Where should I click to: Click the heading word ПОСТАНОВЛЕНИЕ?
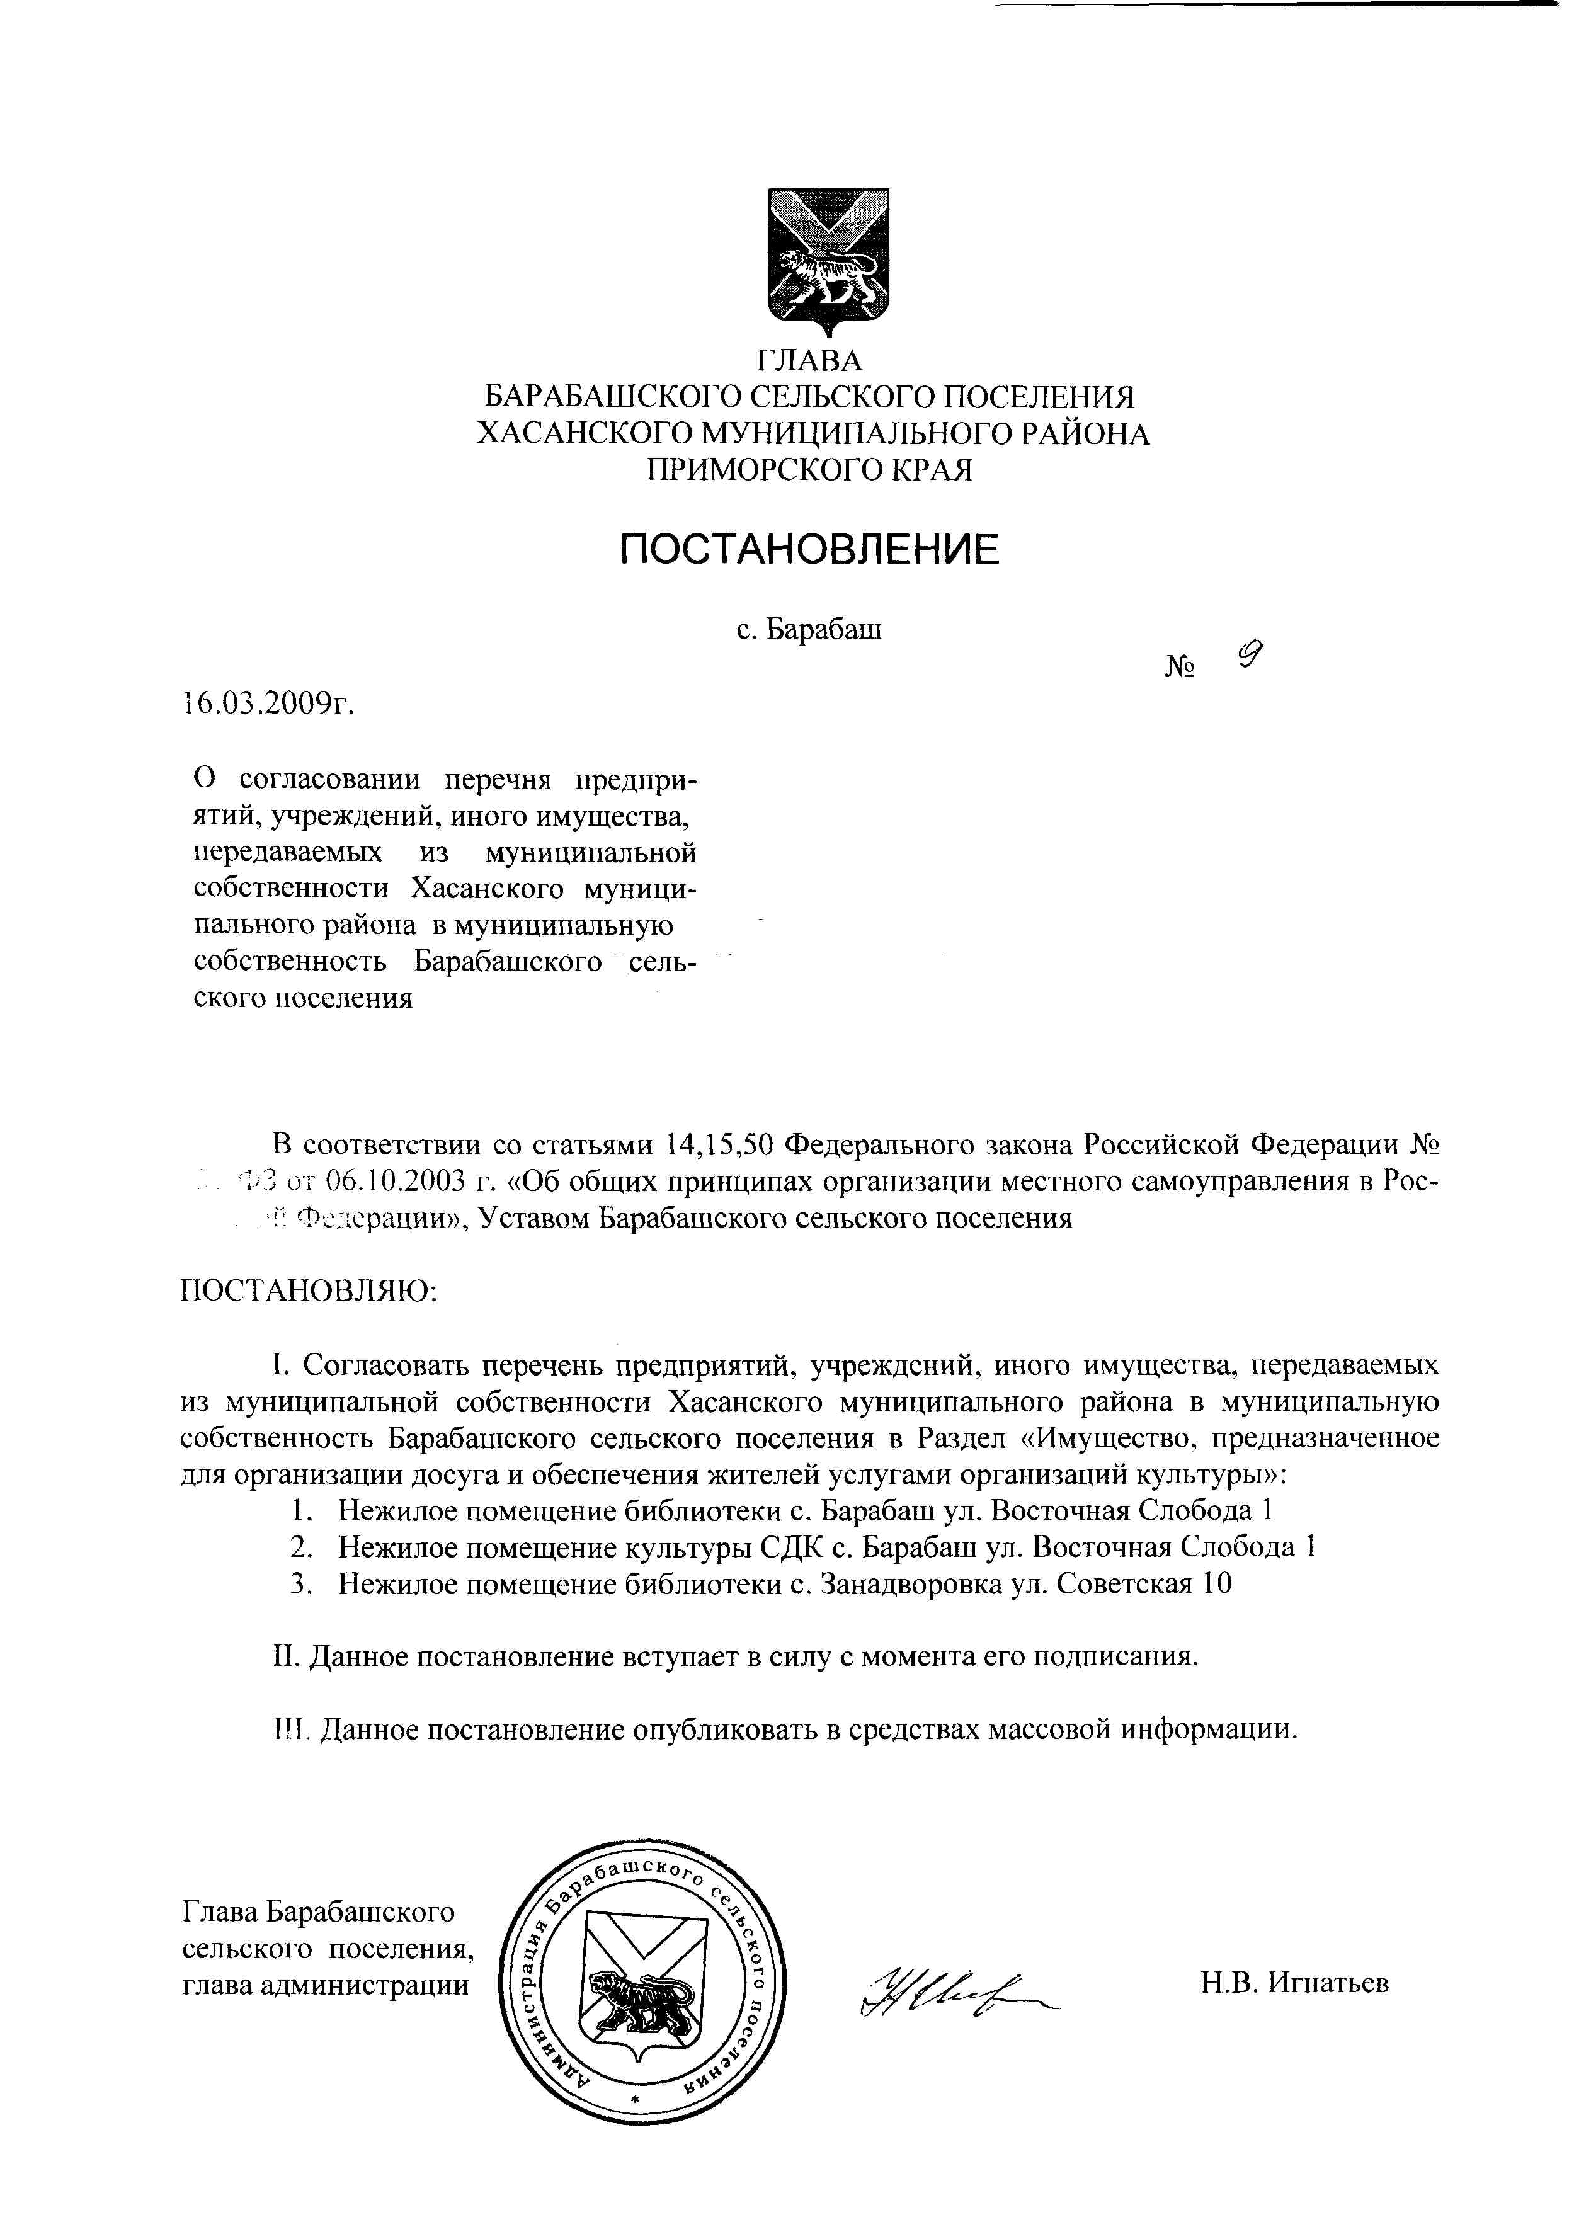pos(809,549)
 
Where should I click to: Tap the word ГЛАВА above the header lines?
pos(809,362)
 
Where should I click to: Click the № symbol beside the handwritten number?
pos(1180,667)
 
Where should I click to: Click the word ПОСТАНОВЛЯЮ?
pos(309,1291)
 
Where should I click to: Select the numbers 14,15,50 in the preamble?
pos(720,1144)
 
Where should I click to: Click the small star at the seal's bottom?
pos(635,2100)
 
